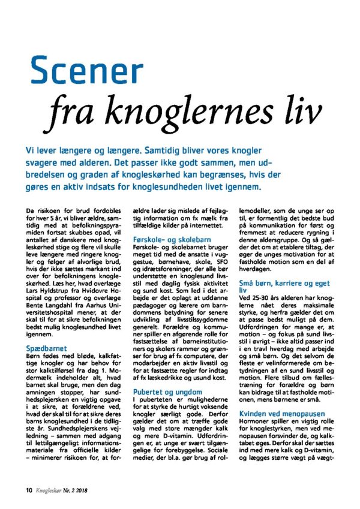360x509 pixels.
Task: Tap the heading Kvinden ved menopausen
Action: (282, 414)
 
